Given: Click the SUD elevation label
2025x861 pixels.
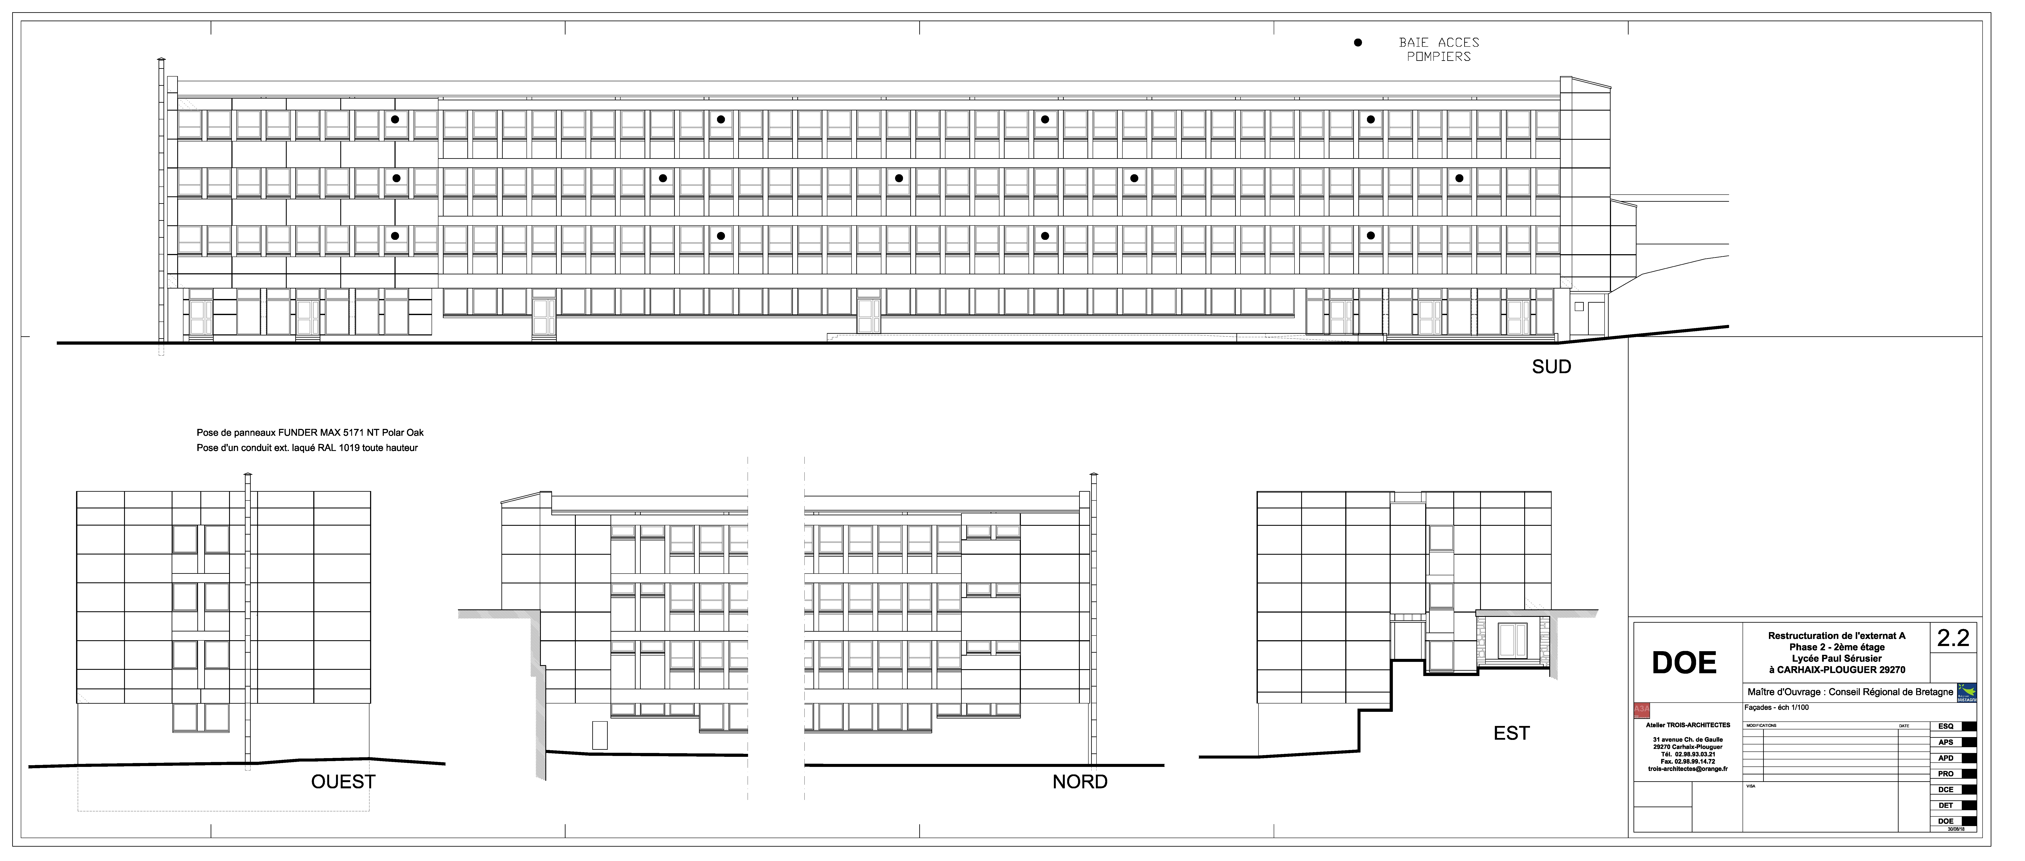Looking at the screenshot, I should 1551,367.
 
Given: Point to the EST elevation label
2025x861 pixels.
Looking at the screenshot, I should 1511,733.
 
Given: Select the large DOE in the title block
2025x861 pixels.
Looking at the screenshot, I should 1684,663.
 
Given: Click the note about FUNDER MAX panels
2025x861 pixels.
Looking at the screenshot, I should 310,433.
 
